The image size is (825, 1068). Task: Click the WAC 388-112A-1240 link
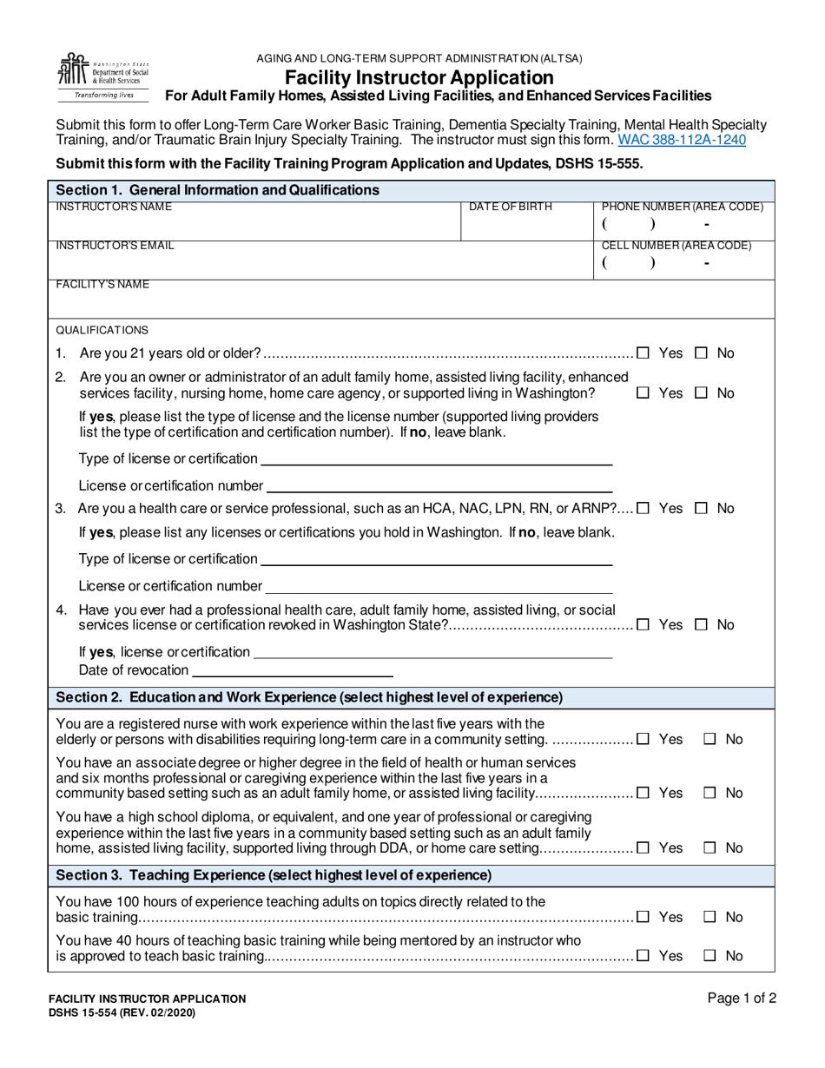pyautogui.click(x=681, y=139)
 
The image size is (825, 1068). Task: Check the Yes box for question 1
pyautogui.click(x=643, y=353)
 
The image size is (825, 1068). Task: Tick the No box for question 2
pyautogui.click(x=702, y=393)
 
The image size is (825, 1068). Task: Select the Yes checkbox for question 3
pyautogui.click(x=643, y=508)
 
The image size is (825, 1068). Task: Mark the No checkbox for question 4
pyautogui.click(x=702, y=625)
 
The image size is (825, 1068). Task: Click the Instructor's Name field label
pyautogui.click(x=114, y=208)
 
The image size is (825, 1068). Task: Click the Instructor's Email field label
pyautogui.click(x=115, y=246)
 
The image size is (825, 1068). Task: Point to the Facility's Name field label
pyautogui.click(x=102, y=285)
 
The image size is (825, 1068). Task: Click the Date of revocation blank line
pyautogui.click(x=292, y=669)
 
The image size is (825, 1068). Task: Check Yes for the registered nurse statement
pyautogui.click(x=643, y=740)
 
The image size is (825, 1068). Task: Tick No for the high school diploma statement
pyautogui.click(x=709, y=848)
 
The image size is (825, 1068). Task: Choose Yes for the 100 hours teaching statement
pyautogui.click(x=643, y=917)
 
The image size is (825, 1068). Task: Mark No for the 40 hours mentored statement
pyautogui.click(x=709, y=956)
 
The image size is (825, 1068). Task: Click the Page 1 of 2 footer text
pyautogui.click(x=742, y=999)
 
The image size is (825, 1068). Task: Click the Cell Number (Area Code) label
pyautogui.click(x=676, y=246)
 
